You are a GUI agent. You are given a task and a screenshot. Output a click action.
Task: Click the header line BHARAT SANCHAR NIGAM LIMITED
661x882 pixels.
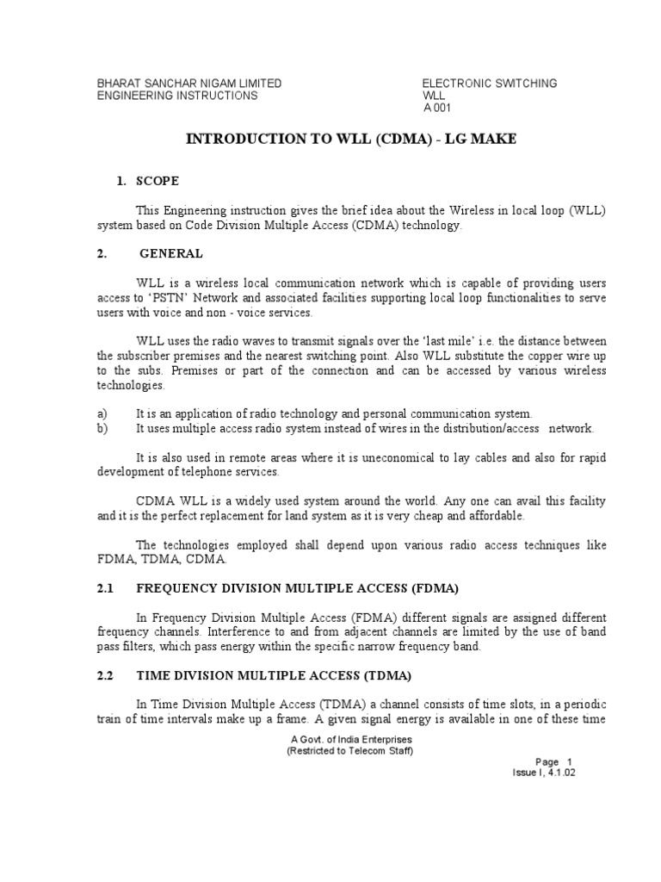188,84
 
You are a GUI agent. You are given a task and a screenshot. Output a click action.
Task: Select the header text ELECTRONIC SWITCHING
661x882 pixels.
489,84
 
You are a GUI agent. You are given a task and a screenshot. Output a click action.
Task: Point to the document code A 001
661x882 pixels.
437,108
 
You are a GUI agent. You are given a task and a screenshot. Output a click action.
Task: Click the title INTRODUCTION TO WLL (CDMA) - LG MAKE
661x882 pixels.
351,139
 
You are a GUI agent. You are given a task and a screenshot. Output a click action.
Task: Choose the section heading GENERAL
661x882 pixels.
177,253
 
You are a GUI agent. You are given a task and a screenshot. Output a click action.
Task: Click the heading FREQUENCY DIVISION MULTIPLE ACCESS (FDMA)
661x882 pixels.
298,588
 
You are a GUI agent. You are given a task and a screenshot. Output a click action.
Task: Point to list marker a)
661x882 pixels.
102,414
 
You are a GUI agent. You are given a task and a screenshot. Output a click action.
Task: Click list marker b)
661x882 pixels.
102,428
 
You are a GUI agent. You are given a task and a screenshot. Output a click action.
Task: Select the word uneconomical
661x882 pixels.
398,458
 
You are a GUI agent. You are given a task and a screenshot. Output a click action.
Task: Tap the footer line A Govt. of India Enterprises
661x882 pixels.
349,739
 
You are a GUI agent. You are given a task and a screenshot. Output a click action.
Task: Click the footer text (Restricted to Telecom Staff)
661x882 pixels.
349,750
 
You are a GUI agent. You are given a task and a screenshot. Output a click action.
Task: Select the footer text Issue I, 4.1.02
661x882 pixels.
544,773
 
